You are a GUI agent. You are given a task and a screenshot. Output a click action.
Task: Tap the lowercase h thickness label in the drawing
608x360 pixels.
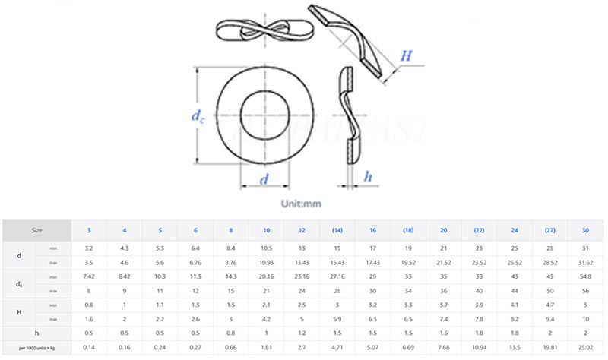click(369, 177)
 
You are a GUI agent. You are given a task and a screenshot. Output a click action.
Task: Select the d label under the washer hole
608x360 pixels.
click(264, 180)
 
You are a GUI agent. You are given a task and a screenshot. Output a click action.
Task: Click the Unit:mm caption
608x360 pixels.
click(302, 204)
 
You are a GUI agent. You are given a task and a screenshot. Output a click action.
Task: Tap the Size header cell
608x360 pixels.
click(36, 229)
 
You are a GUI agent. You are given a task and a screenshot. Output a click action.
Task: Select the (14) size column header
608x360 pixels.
click(337, 229)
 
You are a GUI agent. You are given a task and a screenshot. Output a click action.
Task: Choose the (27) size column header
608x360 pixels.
click(549, 229)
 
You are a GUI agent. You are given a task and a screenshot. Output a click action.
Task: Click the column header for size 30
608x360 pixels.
click(584, 229)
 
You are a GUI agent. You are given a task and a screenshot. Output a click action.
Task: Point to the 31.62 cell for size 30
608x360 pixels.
click(584, 262)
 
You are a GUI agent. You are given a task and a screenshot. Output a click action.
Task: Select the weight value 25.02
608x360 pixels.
click(584, 347)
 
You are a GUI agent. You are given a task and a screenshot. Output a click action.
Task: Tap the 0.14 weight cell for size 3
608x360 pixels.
click(88, 347)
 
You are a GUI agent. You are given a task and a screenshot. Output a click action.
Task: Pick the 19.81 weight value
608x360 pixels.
click(549, 347)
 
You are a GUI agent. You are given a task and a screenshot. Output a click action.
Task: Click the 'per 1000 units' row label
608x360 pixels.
click(36, 347)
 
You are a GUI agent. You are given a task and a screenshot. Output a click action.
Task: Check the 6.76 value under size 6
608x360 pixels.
click(195, 262)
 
